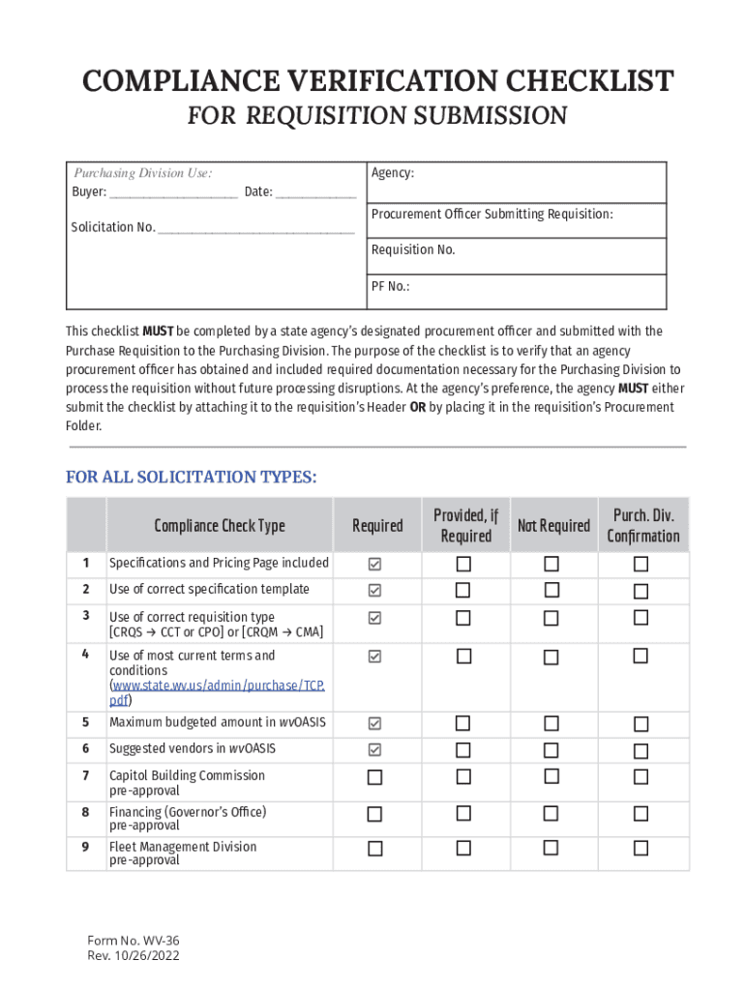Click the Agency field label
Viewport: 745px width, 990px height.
[x=393, y=173]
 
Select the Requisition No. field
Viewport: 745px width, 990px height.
[x=518, y=256]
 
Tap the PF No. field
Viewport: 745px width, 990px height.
[x=518, y=291]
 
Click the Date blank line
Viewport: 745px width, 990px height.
[x=315, y=192]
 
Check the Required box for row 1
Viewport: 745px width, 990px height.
[x=374, y=564]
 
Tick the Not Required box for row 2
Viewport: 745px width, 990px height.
[x=551, y=590]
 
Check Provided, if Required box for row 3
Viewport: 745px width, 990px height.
[x=463, y=617]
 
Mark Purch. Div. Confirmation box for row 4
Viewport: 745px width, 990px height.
[x=640, y=656]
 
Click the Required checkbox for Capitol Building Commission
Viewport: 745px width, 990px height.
[x=374, y=777]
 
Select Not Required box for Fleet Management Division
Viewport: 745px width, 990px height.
[x=551, y=848]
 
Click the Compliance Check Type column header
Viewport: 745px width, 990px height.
[x=220, y=526]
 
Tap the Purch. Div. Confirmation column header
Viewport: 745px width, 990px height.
[x=642, y=526]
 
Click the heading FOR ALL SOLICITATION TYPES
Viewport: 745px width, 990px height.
[x=191, y=478]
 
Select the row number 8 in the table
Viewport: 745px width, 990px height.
[x=86, y=812]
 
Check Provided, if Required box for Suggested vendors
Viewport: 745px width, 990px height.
[x=463, y=749]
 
